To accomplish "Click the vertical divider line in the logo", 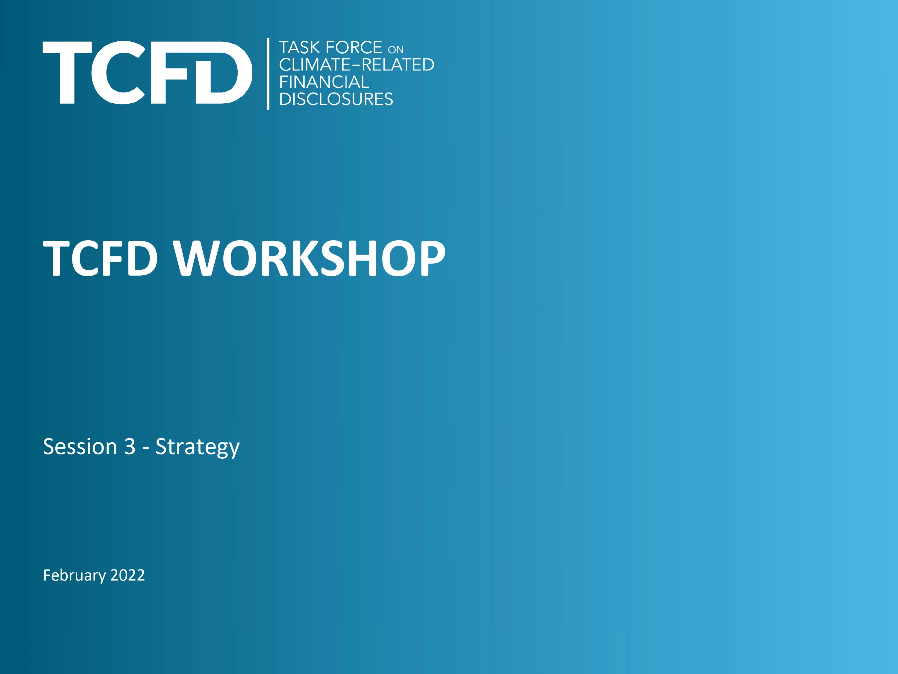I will pyautogui.click(x=268, y=73).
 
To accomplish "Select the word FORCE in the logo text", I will pyautogui.click(x=354, y=48).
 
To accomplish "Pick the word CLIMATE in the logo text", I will pyautogui.click(x=315, y=65).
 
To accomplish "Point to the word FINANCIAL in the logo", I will pyautogui.click(x=324, y=82).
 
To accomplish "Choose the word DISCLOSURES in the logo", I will pyautogui.click(x=336, y=99).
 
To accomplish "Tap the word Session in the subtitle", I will pyautogui.click(x=80, y=447).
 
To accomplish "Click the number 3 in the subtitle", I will pyautogui.click(x=130, y=447).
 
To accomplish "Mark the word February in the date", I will pyautogui.click(x=74, y=575).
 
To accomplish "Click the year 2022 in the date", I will pyautogui.click(x=128, y=575).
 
